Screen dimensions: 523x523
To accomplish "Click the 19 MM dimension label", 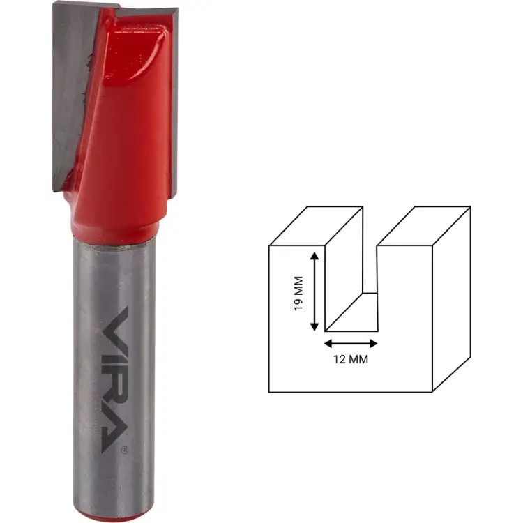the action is pyautogui.click(x=298, y=294).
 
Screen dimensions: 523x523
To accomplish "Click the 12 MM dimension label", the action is pyautogui.click(x=351, y=359).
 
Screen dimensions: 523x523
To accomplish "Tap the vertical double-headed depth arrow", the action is pyautogui.click(x=314, y=291).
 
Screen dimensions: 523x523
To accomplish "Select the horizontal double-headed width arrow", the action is pyautogui.click(x=351, y=343).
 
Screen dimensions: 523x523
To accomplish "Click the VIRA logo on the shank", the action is pyautogui.click(x=114, y=379).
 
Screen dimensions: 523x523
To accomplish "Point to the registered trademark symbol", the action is pyautogui.click(x=125, y=450).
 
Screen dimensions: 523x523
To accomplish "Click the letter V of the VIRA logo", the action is pyautogui.click(x=115, y=324).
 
